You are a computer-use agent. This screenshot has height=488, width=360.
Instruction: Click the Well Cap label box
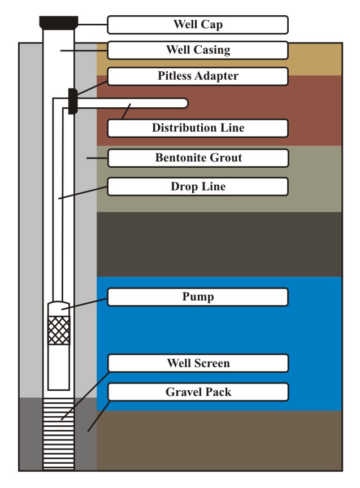(x=197, y=25)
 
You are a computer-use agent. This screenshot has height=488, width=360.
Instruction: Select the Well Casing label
(x=197, y=50)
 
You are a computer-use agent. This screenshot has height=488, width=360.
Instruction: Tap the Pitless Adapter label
(x=197, y=76)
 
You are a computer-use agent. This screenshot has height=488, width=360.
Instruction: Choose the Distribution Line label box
(x=197, y=128)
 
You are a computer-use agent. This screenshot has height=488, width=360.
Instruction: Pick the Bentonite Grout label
(x=197, y=158)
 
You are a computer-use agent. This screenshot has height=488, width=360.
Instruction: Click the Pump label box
(x=197, y=297)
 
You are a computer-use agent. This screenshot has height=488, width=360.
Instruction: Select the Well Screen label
(x=197, y=363)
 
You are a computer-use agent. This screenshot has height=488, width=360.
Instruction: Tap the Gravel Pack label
(x=197, y=392)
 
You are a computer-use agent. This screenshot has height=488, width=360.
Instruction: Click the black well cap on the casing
(x=59, y=23)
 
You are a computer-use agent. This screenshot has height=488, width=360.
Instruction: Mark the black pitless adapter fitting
(x=72, y=101)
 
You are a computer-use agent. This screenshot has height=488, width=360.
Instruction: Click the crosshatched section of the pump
(x=59, y=330)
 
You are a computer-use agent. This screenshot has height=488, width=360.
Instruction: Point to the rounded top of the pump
(x=59, y=308)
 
